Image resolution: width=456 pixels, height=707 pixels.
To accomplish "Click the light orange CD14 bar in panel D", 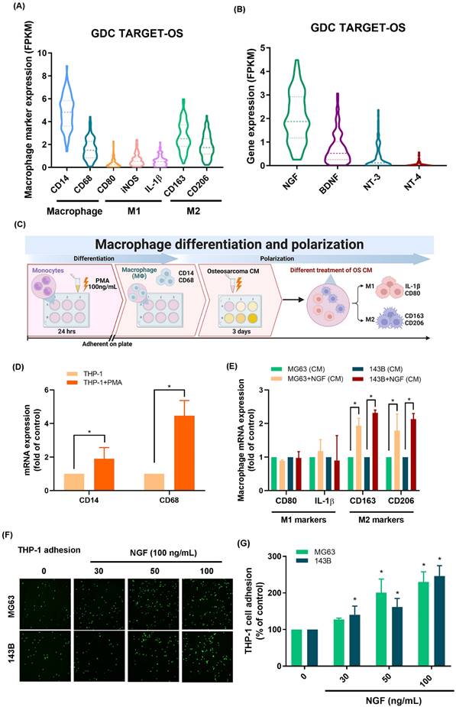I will (73, 473).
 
